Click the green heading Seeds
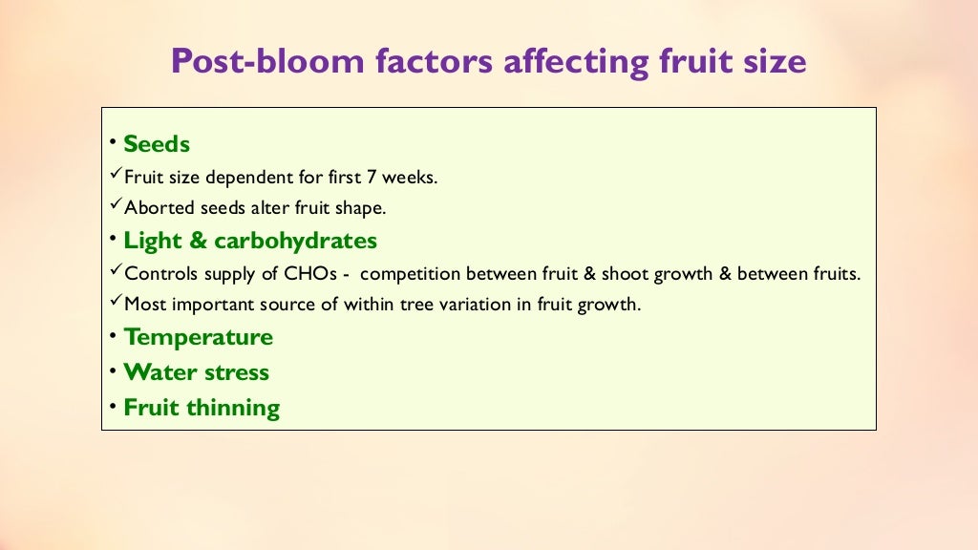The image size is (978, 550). point(157,144)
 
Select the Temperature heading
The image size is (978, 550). point(198,337)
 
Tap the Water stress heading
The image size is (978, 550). point(196,372)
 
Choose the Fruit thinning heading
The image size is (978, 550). point(202,408)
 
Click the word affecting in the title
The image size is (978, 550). point(575,62)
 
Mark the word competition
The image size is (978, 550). point(412,274)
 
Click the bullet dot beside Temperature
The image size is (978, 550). point(113,336)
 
